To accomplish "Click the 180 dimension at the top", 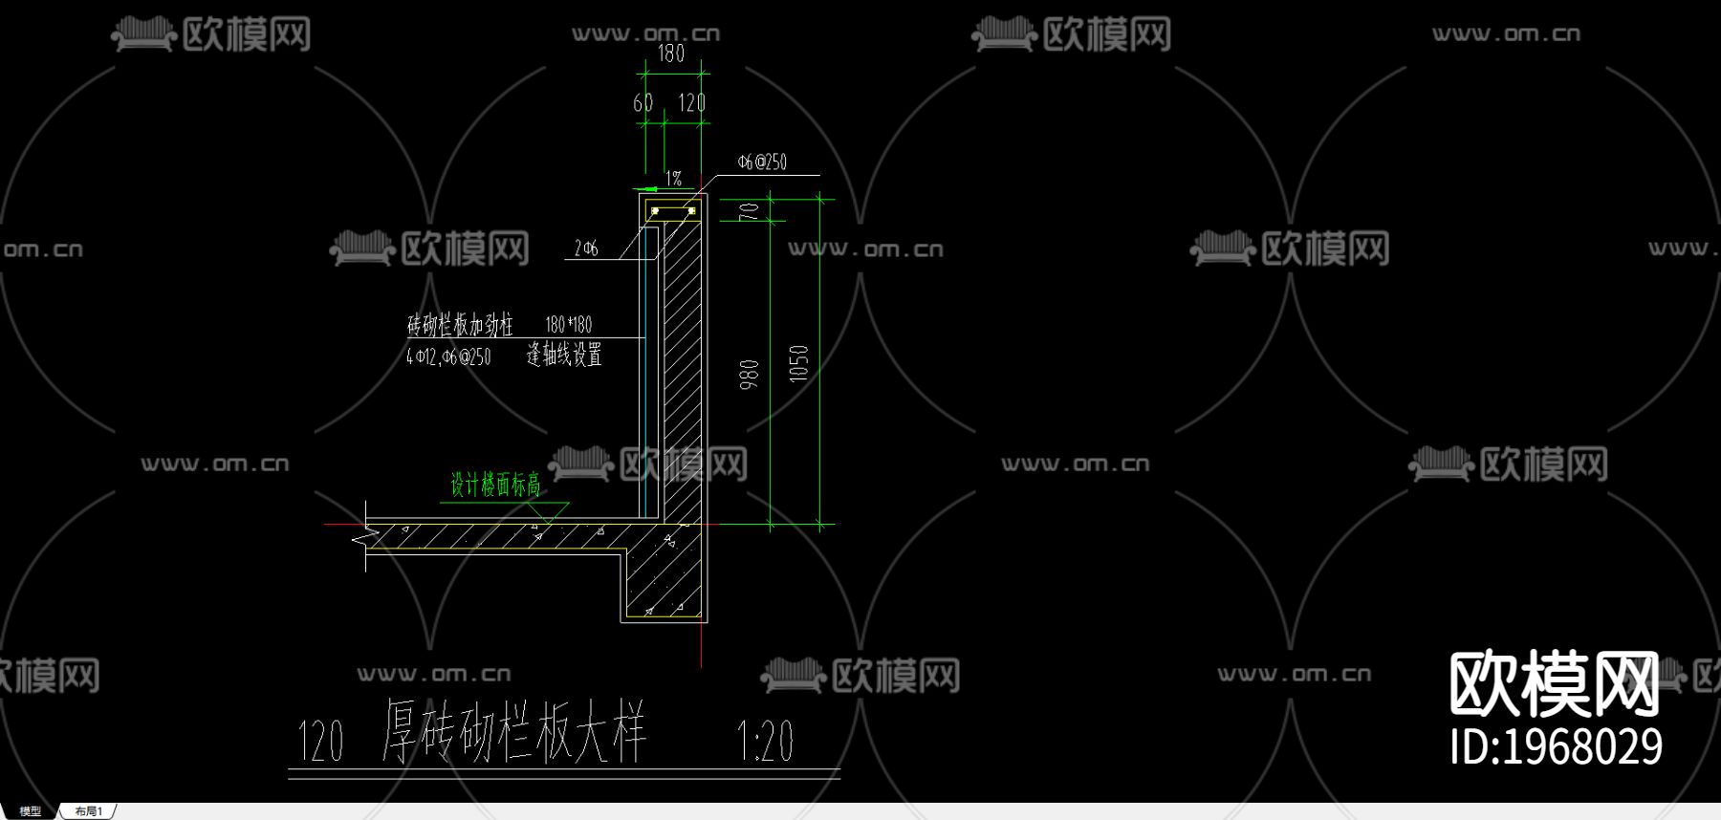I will [x=671, y=54].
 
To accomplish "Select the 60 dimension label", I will [x=643, y=103].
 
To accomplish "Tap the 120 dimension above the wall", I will [x=691, y=103].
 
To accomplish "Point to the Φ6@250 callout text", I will [x=762, y=162].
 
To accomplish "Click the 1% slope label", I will [x=674, y=179].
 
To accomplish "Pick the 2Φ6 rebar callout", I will [x=585, y=248].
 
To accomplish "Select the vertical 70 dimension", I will [x=750, y=210].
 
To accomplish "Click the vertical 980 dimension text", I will [x=750, y=374].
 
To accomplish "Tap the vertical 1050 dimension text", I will [x=799, y=363].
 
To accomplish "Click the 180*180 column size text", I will [x=569, y=325].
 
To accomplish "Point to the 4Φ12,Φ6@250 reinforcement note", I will [x=448, y=357].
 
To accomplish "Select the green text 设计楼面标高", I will [x=495, y=486].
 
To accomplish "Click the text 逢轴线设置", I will [x=564, y=356].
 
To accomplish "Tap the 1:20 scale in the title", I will [x=765, y=741].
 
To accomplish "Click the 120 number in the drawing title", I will [x=320, y=741].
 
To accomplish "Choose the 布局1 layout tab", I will [x=88, y=811].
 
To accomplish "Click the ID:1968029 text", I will [x=1556, y=747].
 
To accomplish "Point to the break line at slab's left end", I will [x=363, y=539].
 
